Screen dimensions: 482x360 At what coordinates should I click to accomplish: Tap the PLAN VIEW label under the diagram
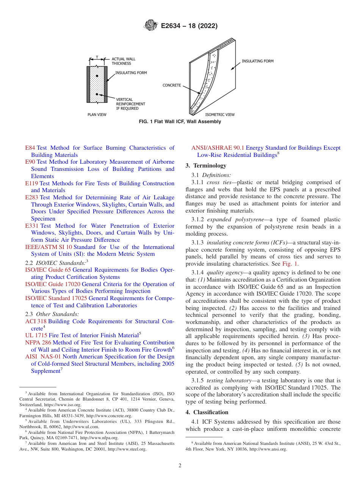[x=97, y=114]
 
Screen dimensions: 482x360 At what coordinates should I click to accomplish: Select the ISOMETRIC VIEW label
[x=220, y=114]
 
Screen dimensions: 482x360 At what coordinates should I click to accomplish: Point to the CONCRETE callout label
[x=172, y=85]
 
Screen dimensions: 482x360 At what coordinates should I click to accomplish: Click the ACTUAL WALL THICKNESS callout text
[x=123, y=61]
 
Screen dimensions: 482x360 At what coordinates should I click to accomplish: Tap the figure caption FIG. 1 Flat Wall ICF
[x=180, y=122]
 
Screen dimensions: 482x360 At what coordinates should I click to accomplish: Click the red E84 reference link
[x=30, y=148]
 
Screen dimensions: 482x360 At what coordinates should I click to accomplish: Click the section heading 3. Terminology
[x=206, y=166]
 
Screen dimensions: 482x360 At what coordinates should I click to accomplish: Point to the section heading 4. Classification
[x=207, y=412]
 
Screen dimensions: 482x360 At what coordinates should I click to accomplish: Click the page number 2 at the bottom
[x=180, y=466]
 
